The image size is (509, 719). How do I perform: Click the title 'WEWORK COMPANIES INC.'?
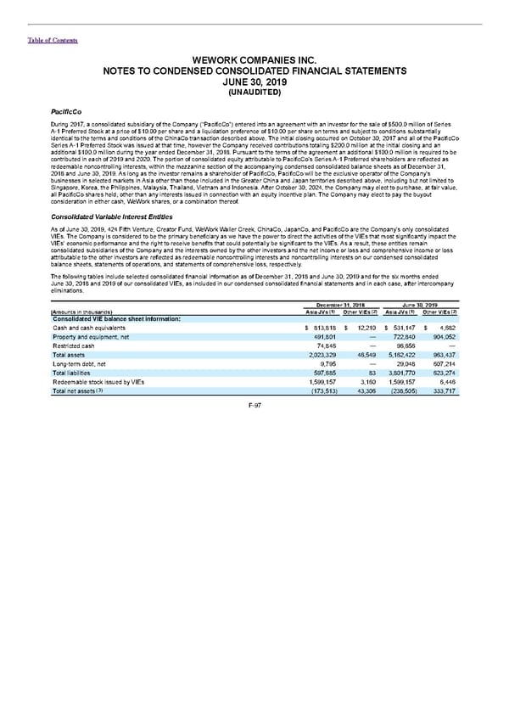tap(254, 60)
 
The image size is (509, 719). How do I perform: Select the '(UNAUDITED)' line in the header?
tap(254, 91)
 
